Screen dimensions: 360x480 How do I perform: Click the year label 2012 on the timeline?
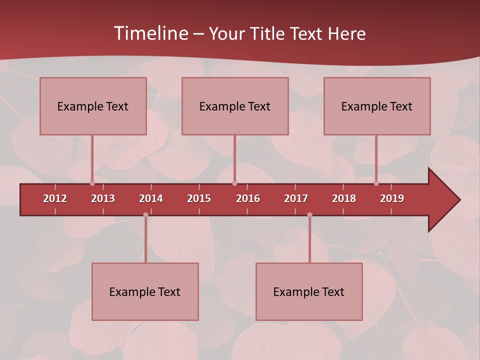[55, 198]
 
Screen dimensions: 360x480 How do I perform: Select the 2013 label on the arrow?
[103, 198]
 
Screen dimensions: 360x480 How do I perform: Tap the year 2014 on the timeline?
[151, 198]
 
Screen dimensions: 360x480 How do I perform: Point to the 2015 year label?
[199, 198]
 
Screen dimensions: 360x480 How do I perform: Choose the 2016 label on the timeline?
[248, 198]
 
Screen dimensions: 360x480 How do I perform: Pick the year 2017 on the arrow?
[296, 198]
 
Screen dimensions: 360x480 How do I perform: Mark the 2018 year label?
[344, 198]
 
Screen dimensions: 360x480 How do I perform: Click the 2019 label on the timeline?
[392, 198]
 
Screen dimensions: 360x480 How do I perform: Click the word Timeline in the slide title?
[150, 33]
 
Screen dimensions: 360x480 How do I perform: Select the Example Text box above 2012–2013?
[93, 106]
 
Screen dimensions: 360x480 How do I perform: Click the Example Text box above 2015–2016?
[235, 106]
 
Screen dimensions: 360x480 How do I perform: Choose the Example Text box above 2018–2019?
[377, 106]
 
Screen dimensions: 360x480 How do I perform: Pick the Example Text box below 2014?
[145, 291]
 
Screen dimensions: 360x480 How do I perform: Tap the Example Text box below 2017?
[309, 291]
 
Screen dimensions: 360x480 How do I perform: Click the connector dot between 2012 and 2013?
[92, 183]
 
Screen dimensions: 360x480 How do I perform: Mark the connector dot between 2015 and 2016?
[235, 183]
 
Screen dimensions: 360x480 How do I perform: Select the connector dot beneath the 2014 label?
[145, 215]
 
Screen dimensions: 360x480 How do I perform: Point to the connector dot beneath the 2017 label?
[309, 215]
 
